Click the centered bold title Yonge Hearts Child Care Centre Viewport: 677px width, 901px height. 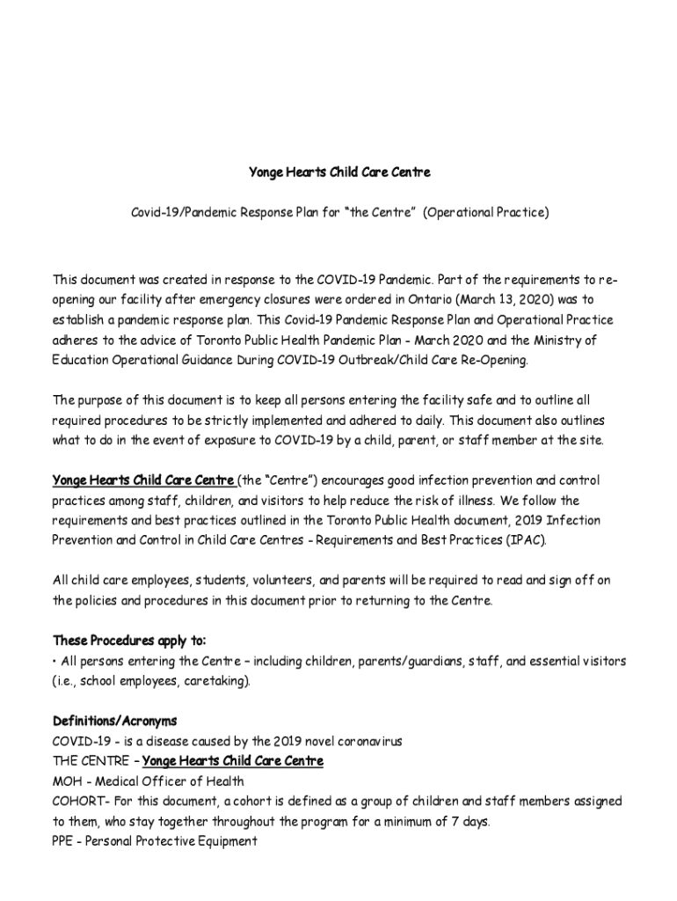pos(338,172)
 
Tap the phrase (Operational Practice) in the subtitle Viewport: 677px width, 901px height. pos(486,213)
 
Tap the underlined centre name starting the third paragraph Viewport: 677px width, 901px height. pos(143,480)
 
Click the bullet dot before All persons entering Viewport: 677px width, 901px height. pos(55,661)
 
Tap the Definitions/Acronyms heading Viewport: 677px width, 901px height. pos(114,722)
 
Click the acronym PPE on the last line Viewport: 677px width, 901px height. pos(65,841)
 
